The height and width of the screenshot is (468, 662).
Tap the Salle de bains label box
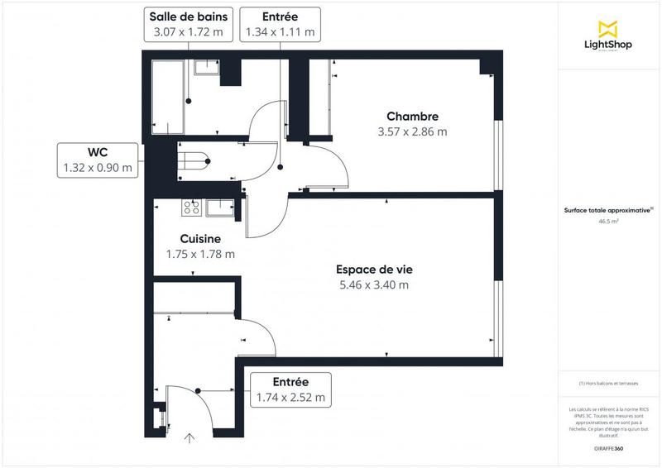189,24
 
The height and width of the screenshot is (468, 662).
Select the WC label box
98,160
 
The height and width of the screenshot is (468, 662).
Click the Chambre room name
411,117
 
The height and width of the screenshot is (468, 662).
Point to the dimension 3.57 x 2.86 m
411,131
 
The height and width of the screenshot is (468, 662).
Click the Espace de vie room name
373,269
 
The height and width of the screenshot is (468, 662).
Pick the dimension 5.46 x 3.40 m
373,285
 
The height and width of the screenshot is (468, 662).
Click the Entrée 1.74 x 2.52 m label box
290,389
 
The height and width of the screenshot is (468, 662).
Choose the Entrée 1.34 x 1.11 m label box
279,24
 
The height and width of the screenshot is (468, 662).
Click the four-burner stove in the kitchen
191,207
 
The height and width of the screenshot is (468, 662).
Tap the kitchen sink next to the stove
220,207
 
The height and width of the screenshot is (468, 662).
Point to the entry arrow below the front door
189,437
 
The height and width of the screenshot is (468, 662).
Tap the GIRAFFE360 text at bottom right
608,447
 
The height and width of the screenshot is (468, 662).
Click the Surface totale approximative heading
608,211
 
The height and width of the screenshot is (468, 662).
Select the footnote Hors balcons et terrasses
608,384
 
